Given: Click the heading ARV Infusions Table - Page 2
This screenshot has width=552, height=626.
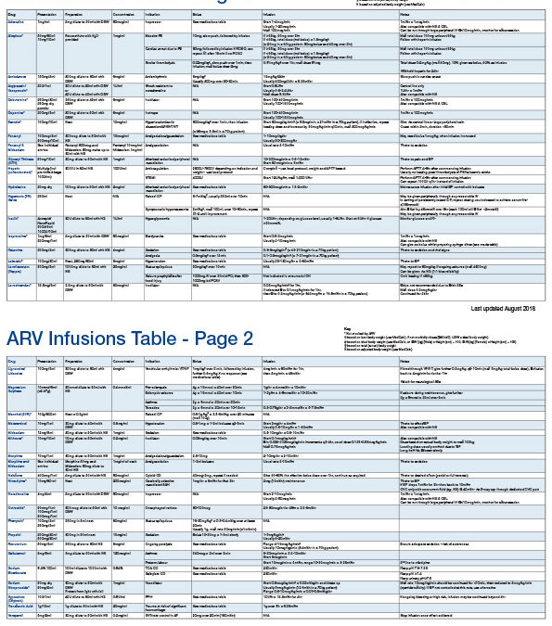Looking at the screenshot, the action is tap(130, 338).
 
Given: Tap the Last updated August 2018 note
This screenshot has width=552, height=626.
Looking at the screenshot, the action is tap(502, 309).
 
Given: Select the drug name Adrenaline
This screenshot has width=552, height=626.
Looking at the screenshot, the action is tap(18, 20).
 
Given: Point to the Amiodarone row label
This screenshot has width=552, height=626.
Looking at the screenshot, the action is tap(19, 77).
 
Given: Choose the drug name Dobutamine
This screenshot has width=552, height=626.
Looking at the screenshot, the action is tap(19, 99).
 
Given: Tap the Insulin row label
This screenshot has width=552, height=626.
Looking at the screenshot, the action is tap(14, 219).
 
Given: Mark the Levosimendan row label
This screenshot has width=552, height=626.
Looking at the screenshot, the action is tap(21, 286).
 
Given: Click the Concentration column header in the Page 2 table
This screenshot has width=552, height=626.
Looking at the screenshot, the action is tap(127, 362).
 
